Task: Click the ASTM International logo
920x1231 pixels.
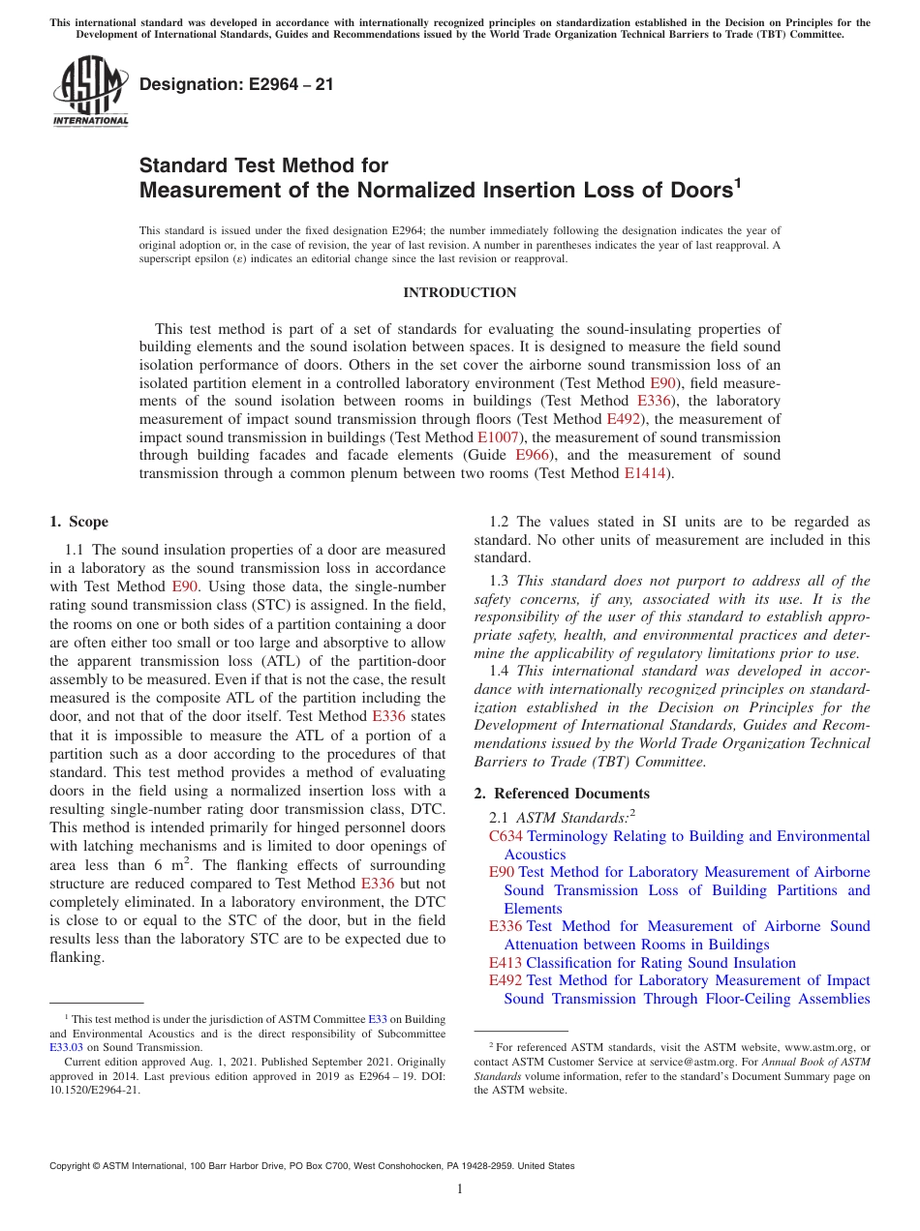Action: pos(89,92)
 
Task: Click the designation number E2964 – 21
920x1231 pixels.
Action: pos(236,84)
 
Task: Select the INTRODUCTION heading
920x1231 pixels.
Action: pos(459,292)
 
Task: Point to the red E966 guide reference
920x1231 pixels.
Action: pos(533,455)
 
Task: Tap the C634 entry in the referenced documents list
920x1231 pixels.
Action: pos(506,836)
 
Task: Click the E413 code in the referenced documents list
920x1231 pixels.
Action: pos(506,963)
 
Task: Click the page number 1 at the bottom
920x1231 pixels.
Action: pos(460,1188)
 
